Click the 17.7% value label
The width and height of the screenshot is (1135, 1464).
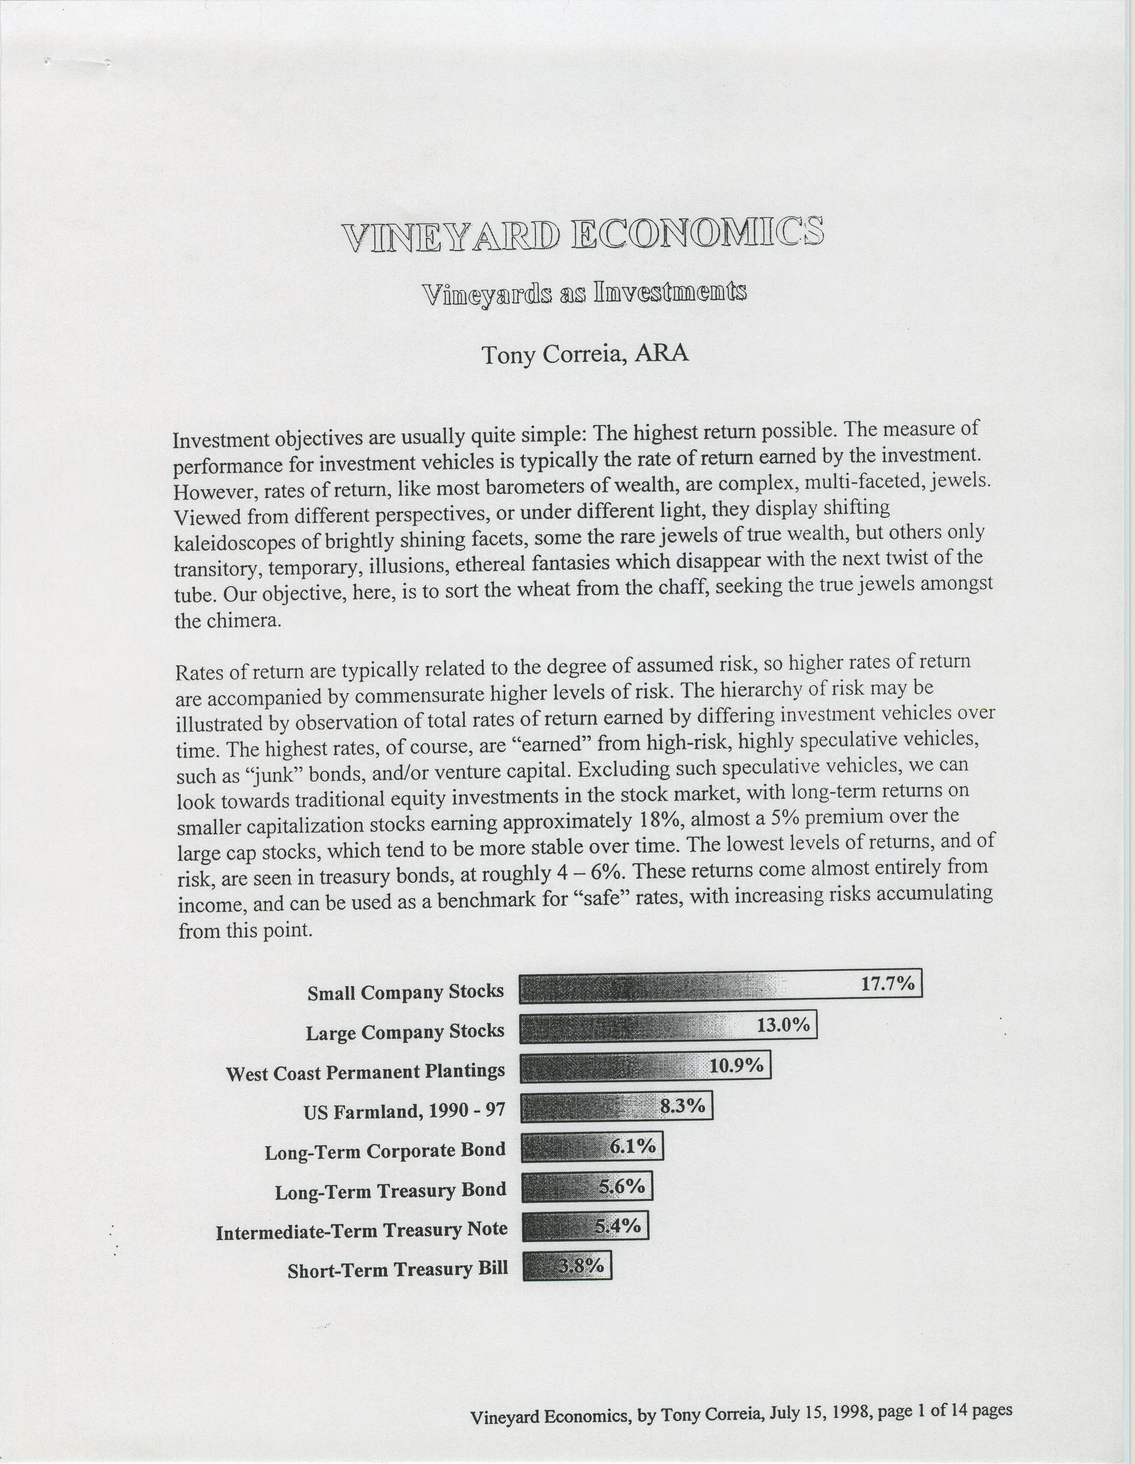coord(887,984)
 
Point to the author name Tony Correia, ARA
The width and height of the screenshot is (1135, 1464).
coord(585,353)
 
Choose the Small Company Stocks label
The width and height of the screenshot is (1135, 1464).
coord(405,992)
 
